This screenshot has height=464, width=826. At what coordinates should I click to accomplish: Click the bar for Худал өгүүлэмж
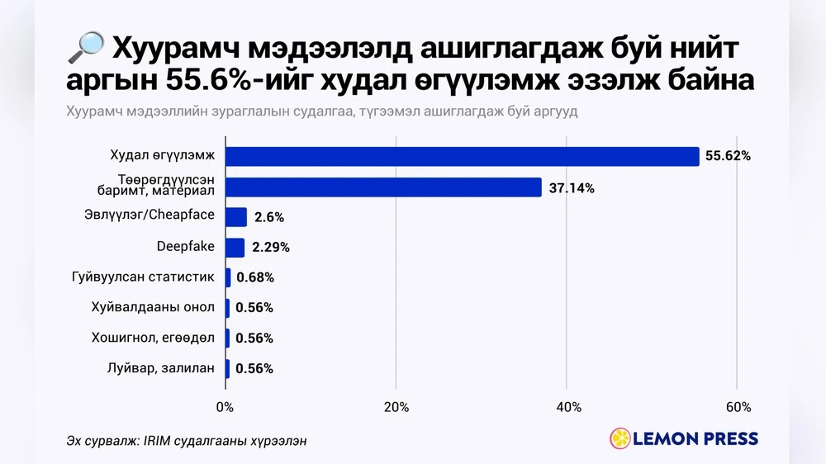(x=463, y=156)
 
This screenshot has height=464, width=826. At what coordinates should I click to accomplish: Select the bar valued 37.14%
(x=383, y=187)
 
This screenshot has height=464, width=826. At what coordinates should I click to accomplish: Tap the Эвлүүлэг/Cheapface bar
(x=236, y=217)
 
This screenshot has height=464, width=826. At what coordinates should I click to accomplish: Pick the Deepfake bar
(x=235, y=247)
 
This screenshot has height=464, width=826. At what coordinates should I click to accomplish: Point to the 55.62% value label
(x=727, y=156)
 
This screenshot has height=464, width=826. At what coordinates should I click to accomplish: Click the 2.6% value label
(x=269, y=217)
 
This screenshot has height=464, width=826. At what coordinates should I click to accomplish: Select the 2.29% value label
(x=270, y=247)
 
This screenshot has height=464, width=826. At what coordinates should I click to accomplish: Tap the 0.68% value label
(x=254, y=277)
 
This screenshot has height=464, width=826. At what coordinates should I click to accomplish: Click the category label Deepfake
(x=186, y=246)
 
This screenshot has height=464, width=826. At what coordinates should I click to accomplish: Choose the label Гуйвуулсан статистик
(x=143, y=277)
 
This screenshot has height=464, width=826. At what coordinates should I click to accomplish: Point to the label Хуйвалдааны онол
(x=153, y=307)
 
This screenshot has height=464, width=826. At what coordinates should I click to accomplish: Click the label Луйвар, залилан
(x=161, y=368)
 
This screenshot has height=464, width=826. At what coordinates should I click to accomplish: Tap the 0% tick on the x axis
(x=225, y=407)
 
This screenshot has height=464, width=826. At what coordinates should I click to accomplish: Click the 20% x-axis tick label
(x=396, y=407)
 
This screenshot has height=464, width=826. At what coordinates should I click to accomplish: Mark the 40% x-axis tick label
(x=567, y=407)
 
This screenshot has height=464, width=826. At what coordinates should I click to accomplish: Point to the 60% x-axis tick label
(x=738, y=407)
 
